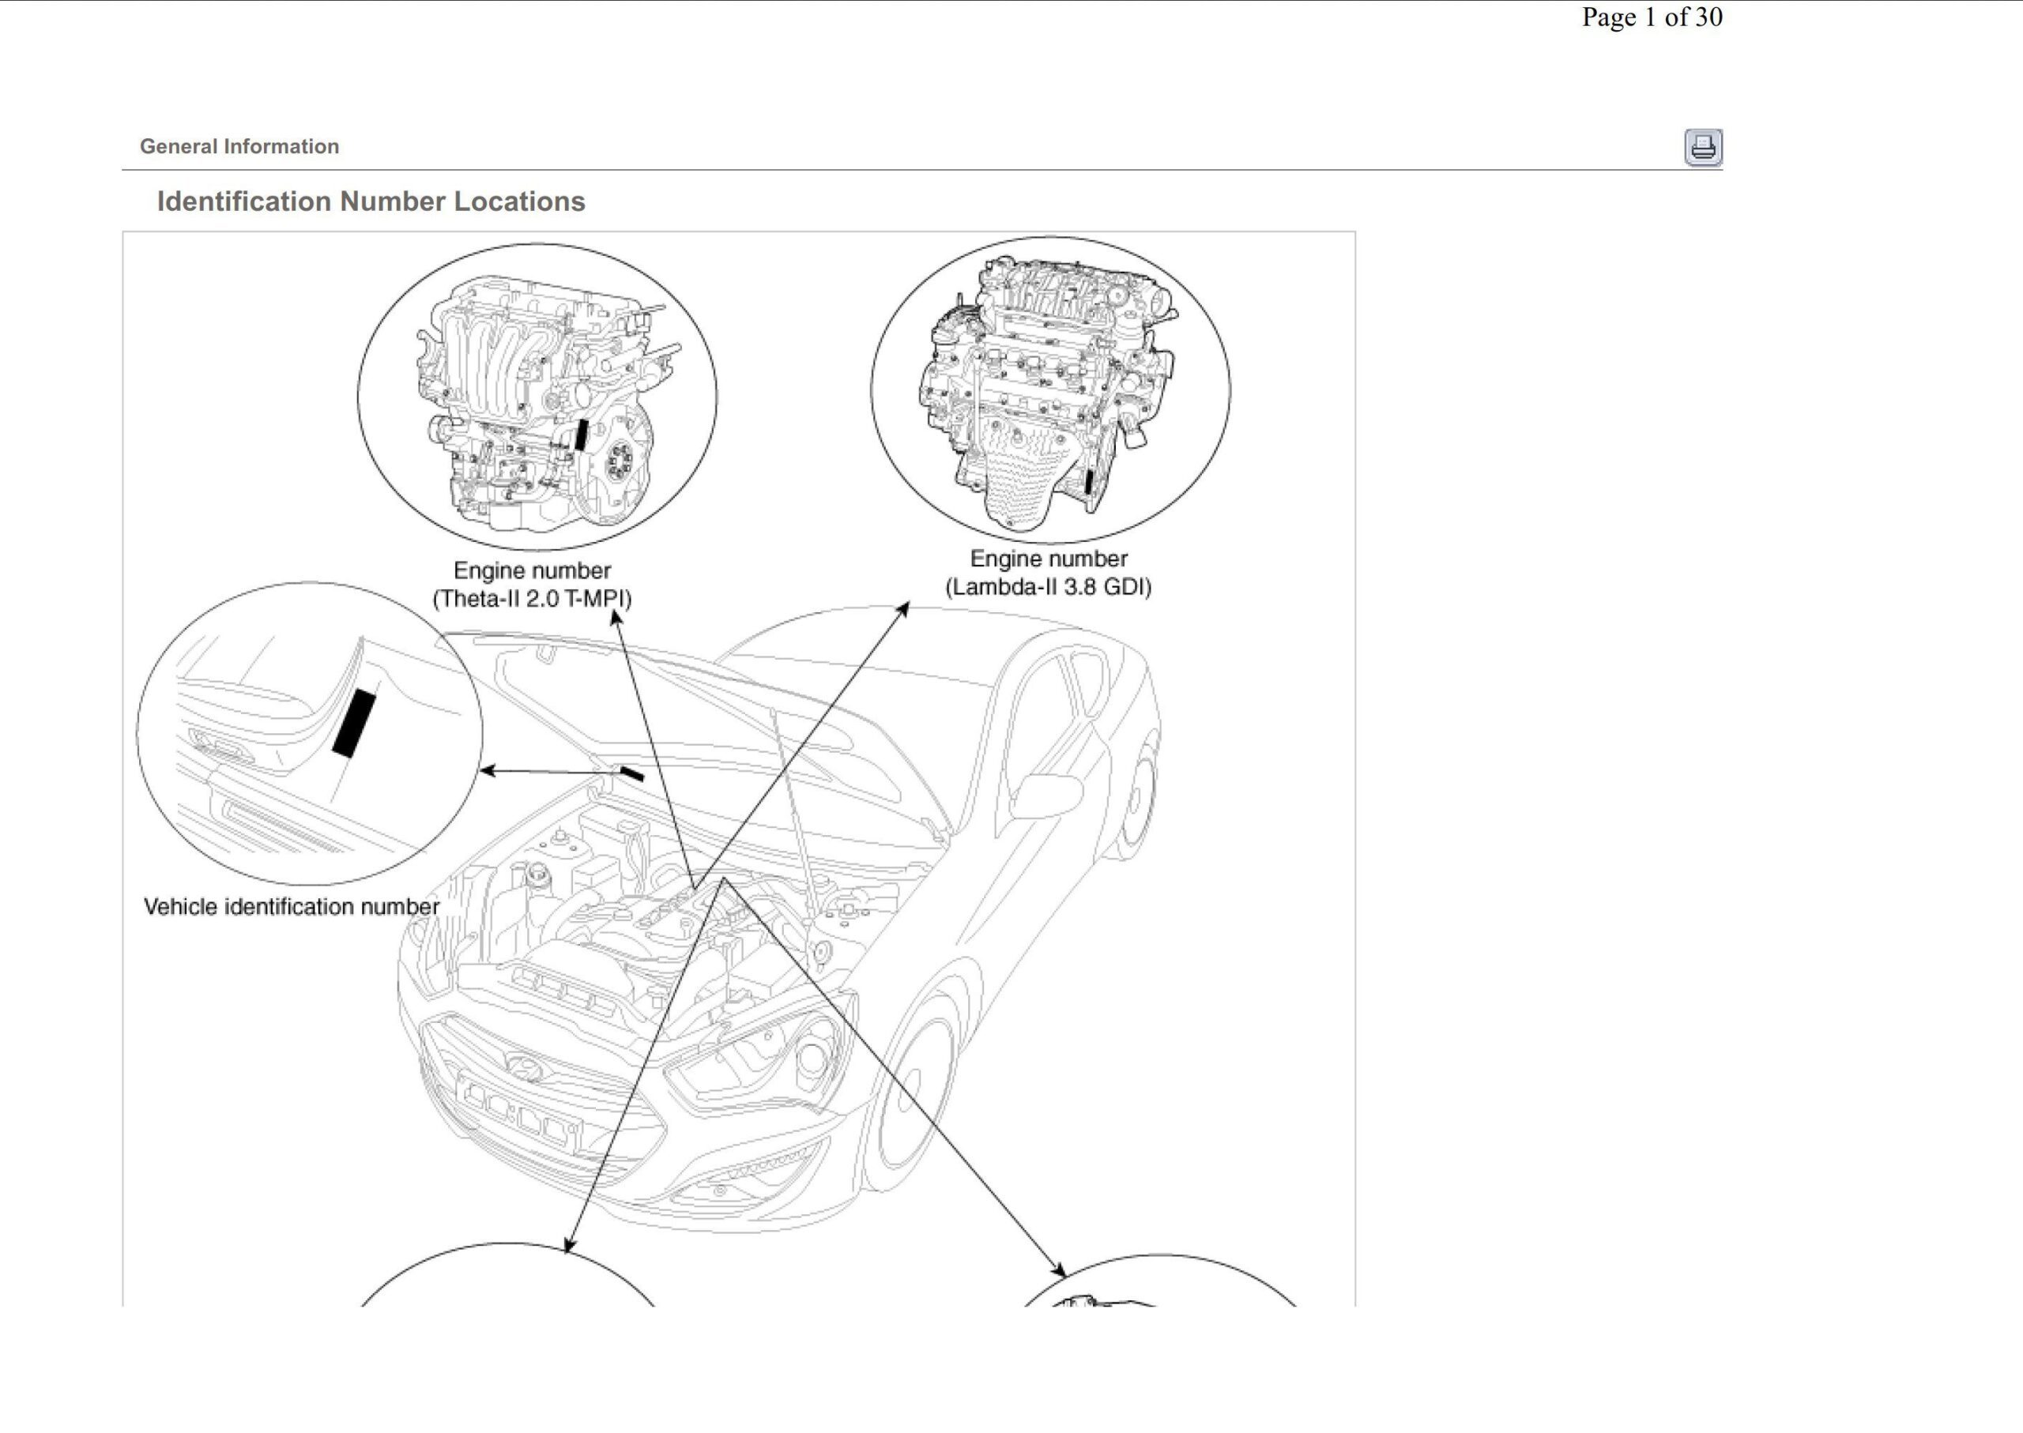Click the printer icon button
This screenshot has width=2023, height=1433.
tap(1703, 148)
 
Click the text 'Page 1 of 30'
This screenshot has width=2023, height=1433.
tap(1651, 17)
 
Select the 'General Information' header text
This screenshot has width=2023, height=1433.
tap(239, 146)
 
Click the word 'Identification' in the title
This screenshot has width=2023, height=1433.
tap(243, 202)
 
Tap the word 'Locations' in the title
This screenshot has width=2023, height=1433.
tap(519, 202)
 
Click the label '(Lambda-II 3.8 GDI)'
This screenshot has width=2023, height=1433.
tap(1048, 588)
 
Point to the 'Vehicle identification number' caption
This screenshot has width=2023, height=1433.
tap(292, 907)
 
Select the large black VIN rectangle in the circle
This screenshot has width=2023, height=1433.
tap(354, 724)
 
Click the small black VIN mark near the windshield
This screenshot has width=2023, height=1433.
tap(632, 774)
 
